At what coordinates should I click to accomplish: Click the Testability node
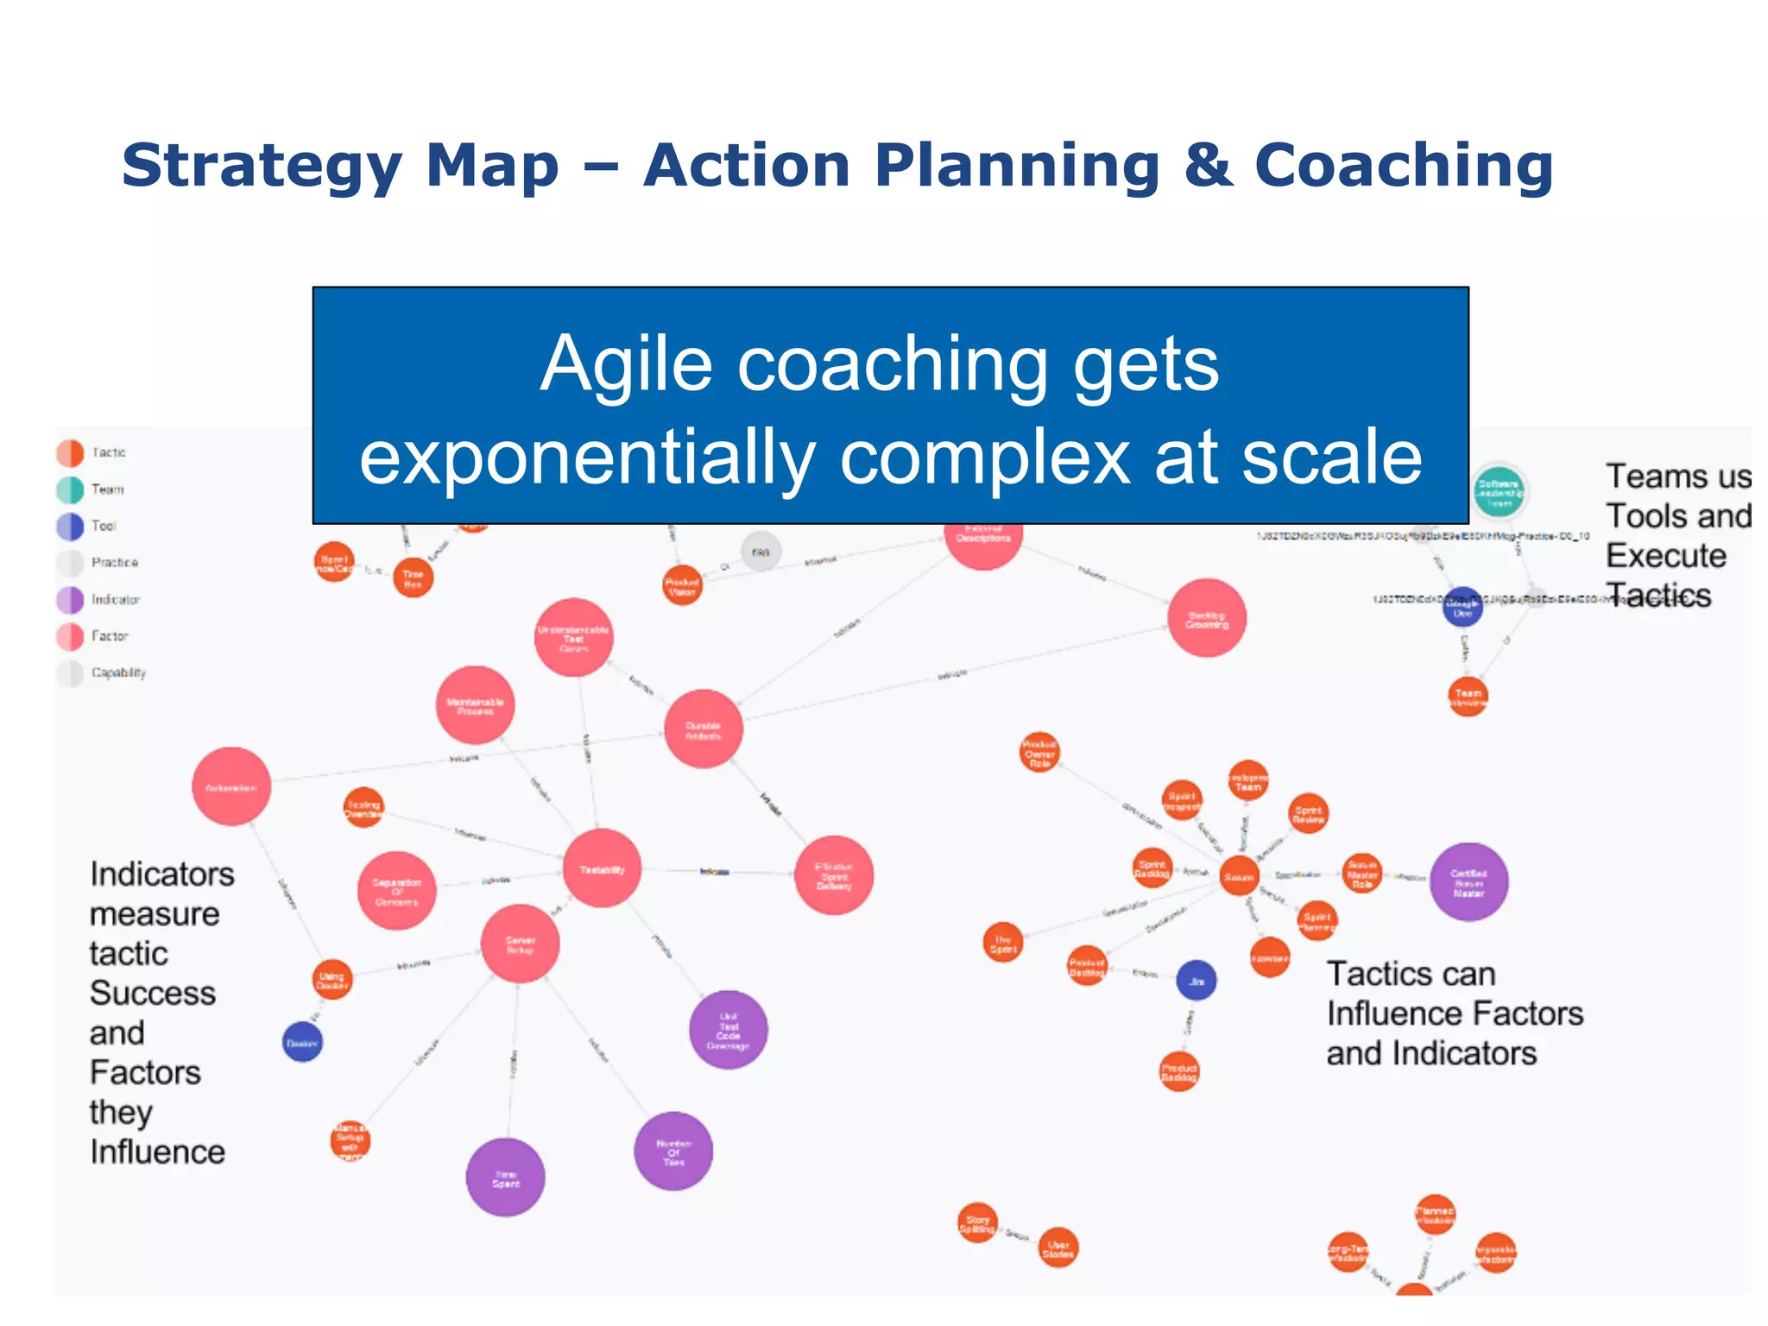pyautogui.click(x=602, y=868)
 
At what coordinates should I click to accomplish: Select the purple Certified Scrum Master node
pyautogui.click(x=1468, y=882)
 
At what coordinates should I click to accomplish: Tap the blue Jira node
pyautogui.click(x=1197, y=981)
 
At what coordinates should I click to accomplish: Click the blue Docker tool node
pyautogui.click(x=302, y=1043)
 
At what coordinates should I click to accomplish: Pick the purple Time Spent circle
pyautogui.click(x=505, y=1178)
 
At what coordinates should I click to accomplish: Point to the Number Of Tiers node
pyautogui.click(x=673, y=1152)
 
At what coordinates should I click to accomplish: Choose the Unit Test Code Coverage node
pyautogui.click(x=729, y=1031)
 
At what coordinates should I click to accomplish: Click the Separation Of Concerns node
pyautogui.click(x=396, y=891)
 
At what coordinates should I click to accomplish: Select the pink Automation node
pyautogui.click(x=231, y=786)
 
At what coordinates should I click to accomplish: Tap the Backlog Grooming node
pyautogui.click(x=1206, y=618)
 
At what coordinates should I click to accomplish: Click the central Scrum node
pyautogui.click(x=1239, y=877)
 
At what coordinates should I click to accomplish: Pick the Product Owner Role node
pyautogui.click(x=1039, y=753)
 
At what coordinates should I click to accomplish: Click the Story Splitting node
pyautogui.click(x=977, y=1223)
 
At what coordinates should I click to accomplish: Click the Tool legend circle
pyautogui.click(x=70, y=526)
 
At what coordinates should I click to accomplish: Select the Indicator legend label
pyautogui.click(x=116, y=599)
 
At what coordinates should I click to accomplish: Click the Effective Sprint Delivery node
pyautogui.click(x=833, y=875)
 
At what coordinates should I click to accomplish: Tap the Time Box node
pyautogui.click(x=413, y=578)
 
